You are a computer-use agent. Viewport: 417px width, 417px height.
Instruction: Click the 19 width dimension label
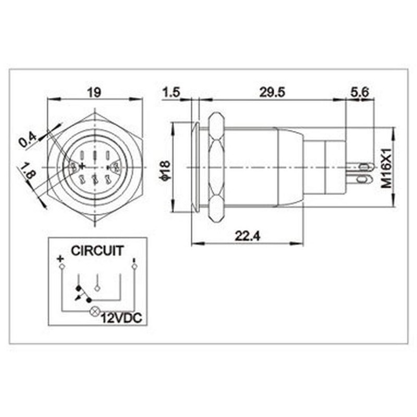click(x=94, y=92)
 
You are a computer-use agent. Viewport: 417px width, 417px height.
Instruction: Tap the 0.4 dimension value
click(x=28, y=139)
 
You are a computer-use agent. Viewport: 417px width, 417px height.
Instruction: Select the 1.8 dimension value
click(x=27, y=171)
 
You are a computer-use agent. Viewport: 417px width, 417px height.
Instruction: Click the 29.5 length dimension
click(x=272, y=92)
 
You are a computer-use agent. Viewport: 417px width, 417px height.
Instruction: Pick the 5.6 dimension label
click(x=360, y=92)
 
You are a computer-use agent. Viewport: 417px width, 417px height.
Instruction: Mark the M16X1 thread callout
click(x=386, y=167)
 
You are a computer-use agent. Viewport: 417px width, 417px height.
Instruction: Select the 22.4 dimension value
click(x=248, y=236)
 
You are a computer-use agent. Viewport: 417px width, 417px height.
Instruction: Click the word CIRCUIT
click(x=97, y=251)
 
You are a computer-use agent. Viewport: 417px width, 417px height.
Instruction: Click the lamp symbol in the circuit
click(x=95, y=312)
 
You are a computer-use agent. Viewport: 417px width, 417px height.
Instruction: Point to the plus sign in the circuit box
click(x=60, y=259)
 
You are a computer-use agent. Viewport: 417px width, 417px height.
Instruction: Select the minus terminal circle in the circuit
click(x=134, y=267)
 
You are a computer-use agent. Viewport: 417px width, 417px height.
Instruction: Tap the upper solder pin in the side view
click(x=364, y=167)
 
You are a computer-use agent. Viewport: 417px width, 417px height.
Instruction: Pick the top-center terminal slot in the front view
click(x=95, y=155)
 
